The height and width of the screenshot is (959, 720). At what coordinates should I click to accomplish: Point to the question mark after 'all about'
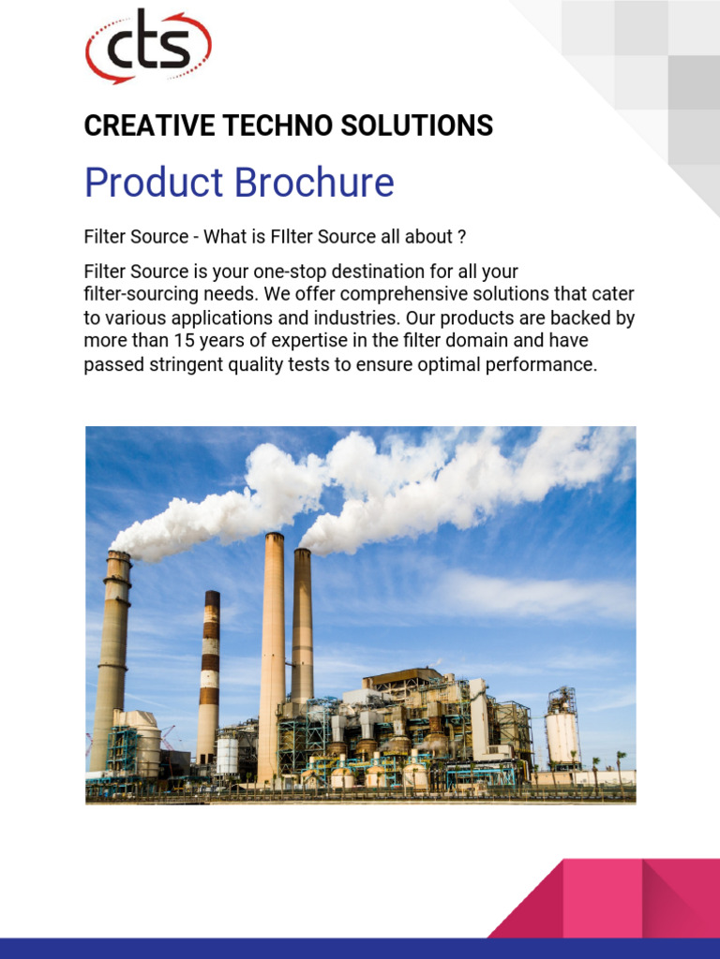coord(461,237)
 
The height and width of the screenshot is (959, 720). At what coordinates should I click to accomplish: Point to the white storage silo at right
coord(562,734)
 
